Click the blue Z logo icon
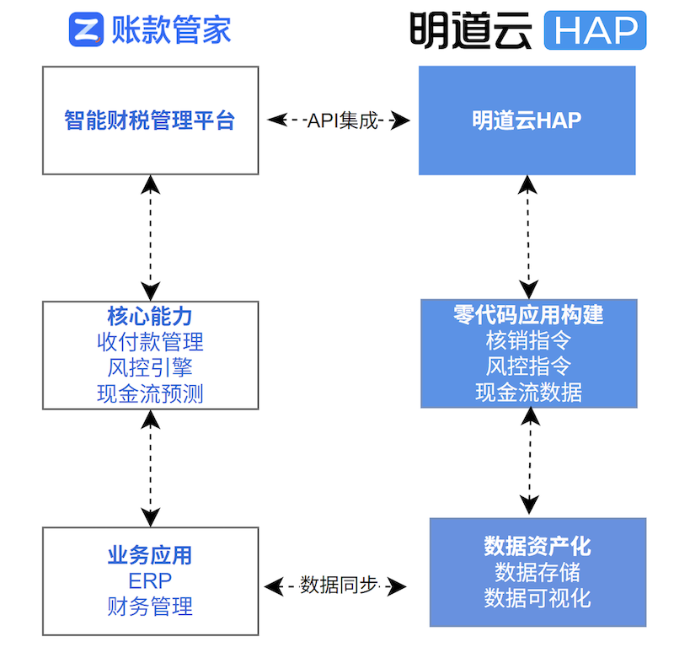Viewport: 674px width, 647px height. pyautogui.click(x=86, y=29)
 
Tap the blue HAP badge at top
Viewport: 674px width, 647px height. pyautogui.click(x=595, y=30)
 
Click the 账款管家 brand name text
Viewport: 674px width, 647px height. pyautogui.click(x=171, y=29)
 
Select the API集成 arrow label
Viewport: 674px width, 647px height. pyautogui.click(x=343, y=120)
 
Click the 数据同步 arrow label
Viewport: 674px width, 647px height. pyautogui.click(x=339, y=586)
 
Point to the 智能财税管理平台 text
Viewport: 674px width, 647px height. pyautogui.click(x=150, y=120)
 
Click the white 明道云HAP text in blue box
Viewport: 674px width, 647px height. pyautogui.click(x=527, y=120)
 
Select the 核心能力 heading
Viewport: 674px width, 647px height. pyautogui.click(x=150, y=317)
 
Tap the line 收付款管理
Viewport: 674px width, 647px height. pyautogui.click(x=150, y=342)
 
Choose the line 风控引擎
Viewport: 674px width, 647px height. pyautogui.click(x=150, y=368)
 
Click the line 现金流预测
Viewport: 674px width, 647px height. pyautogui.click(x=150, y=393)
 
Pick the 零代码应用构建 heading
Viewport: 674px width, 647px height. pyautogui.click(x=529, y=315)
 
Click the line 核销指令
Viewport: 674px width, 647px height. pyautogui.click(x=529, y=340)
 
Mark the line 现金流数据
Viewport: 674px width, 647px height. pyautogui.click(x=529, y=392)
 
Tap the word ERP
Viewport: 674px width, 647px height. pyautogui.click(x=150, y=581)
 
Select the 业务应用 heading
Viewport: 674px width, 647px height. pyautogui.click(x=150, y=555)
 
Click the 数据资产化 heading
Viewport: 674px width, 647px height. pyautogui.click(x=538, y=547)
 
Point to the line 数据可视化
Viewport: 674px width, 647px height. pyautogui.click(x=538, y=598)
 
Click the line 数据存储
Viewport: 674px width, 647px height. pyautogui.click(x=538, y=572)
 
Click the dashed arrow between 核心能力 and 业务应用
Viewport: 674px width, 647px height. pyautogui.click(x=151, y=468)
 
